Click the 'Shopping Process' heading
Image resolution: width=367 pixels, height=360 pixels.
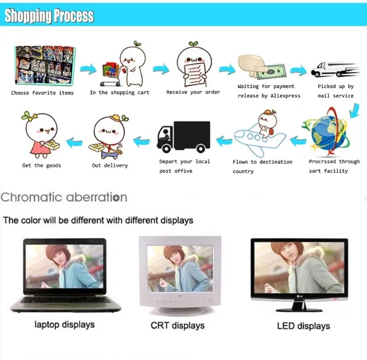point(49,15)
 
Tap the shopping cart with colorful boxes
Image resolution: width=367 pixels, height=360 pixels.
point(110,74)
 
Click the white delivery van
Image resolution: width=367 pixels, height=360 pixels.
point(335,69)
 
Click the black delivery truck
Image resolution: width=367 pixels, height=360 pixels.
point(184,136)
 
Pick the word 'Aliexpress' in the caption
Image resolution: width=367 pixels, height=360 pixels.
point(286,96)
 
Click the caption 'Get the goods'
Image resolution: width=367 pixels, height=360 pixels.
point(42,165)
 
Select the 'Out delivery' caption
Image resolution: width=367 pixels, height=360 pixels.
point(110,165)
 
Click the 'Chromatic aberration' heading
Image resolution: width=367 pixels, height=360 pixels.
point(63,197)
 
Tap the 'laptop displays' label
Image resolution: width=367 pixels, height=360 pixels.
point(65,325)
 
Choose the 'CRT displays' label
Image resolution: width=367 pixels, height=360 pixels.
point(178,326)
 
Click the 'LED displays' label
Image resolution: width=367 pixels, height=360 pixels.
point(304,326)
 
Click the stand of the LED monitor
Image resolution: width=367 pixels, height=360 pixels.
point(299,306)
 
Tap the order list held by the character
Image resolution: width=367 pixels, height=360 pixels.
point(193,74)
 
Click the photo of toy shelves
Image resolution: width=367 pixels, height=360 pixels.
point(45,65)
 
